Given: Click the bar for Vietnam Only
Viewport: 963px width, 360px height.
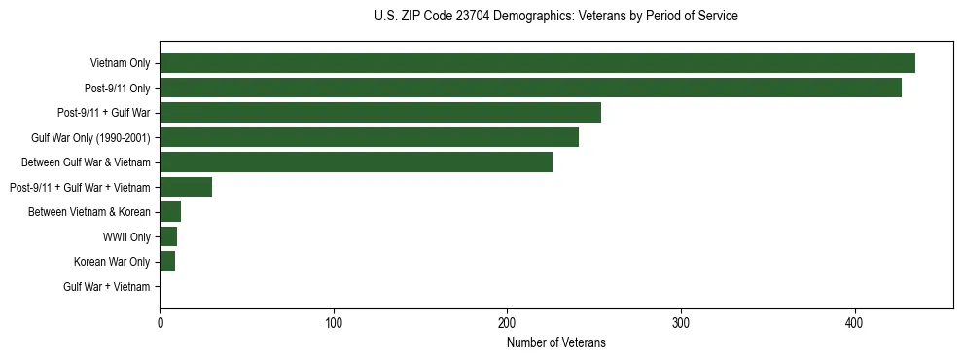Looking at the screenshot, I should (x=537, y=63).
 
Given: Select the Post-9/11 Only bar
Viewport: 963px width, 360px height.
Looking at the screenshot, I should (x=530, y=88).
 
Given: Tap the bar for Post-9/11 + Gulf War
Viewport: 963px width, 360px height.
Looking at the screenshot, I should (x=380, y=113).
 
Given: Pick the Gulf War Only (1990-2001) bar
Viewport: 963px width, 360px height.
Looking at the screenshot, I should (x=369, y=137).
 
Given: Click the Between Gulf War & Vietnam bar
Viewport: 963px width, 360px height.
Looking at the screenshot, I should (x=356, y=162).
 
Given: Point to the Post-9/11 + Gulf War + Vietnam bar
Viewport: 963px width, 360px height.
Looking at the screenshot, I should (x=186, y=187).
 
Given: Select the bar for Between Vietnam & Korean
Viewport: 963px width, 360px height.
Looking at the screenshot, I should (x=170, y=212).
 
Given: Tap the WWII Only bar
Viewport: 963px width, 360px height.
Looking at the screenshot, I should (x=168, y=236).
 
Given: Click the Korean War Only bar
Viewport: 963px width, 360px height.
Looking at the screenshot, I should (x=167, y=262).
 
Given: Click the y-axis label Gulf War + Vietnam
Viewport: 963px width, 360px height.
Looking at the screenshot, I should (x=107, y=287).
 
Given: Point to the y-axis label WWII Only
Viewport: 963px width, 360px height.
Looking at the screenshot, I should (x=126, y=237).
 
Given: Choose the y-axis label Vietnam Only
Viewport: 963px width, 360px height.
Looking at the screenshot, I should (x=120, y=64).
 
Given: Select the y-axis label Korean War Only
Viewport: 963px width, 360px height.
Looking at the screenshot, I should (x=112, y=262).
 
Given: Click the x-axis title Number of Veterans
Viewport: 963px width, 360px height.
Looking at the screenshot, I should (x=555, y=342).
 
